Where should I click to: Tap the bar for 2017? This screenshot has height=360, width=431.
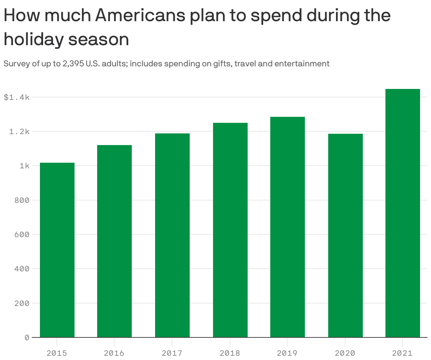[x=172, y=235]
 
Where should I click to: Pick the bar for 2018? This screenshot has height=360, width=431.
[x=230, y=230]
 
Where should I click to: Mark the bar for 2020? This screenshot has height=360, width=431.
[x=346, y=235]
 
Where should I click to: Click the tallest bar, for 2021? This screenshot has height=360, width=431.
[x=403, y=213]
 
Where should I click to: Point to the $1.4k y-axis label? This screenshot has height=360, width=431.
[x=16, y=97]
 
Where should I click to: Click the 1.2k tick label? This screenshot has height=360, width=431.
[x=19, y=132]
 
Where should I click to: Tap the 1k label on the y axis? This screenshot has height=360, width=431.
[x=24, y=166]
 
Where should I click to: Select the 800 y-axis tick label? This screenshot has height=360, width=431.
[x=22, y=200]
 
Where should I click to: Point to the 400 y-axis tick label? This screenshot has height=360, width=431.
[x=22, y=269]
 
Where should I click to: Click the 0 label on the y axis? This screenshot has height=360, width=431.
[x=27, y=338]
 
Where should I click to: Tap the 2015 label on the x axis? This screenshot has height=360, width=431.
[x=57, y=353]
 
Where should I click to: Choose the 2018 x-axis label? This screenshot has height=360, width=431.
[x=230, y=353]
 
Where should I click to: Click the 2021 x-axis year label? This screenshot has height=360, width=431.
[x=402, y=353]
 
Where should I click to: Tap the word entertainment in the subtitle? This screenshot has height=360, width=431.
[x=302, y=64]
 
